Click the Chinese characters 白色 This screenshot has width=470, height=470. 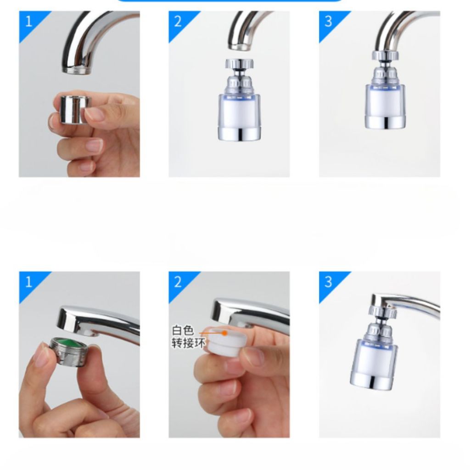pos(183,330)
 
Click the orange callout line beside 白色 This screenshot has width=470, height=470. pos(211,333)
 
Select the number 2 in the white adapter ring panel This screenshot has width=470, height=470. pos(178,282)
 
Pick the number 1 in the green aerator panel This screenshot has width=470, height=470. pos(28,282)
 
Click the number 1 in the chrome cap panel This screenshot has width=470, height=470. pos(28,21)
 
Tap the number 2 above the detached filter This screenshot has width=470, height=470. pos(178,21)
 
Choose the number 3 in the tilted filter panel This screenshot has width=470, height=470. pos(328,282)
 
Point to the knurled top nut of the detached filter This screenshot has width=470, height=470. pos(240,63)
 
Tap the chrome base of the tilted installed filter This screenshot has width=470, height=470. pos(371,381)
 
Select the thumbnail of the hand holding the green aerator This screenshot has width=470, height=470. pos(79,355)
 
